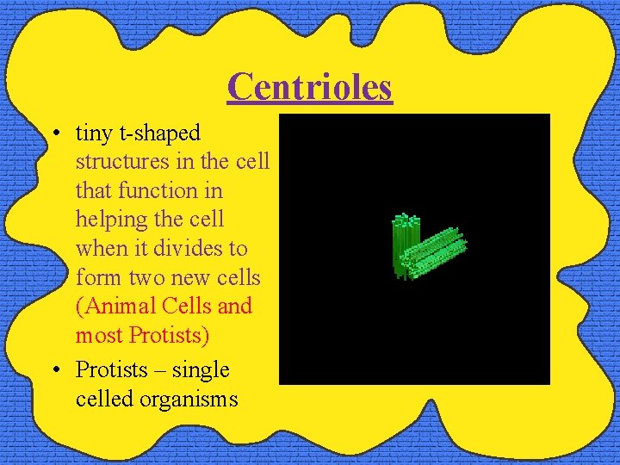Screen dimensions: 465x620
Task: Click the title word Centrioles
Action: (310, 86)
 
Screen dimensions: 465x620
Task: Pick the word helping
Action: (111, 220)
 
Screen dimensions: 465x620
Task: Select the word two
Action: (153, 277)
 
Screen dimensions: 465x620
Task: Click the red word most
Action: (99, 334)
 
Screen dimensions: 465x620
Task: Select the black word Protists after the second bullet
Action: (110, 370)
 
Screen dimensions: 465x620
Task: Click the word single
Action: (201, 370)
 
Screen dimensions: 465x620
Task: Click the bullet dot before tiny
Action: (55, 134)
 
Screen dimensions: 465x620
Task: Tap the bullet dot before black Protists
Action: (55, 371)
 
